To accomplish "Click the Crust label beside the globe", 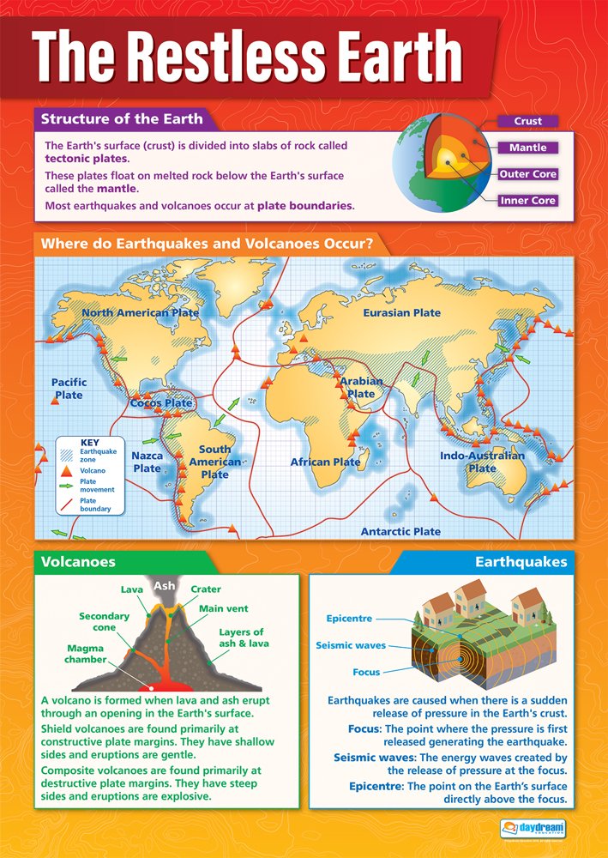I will coord(527,121).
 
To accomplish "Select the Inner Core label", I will coord(527,201).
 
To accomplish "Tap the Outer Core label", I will coord(527,174).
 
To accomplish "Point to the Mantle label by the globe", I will coord(527,148).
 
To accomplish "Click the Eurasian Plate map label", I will coord(401,312).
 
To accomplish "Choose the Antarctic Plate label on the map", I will coord(400,531).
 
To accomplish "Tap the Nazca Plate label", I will coord(147,462).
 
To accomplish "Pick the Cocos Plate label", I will coord(160,402).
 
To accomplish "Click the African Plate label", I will coord(325,462).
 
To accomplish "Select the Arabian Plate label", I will coord(361,387).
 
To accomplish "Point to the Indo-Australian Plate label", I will coord(482,462).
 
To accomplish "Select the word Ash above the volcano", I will coord(164,585).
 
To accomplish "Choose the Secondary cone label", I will coord(104,621).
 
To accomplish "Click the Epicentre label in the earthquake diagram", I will coord(348,618).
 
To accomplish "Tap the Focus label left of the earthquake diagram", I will coord(366,672).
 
